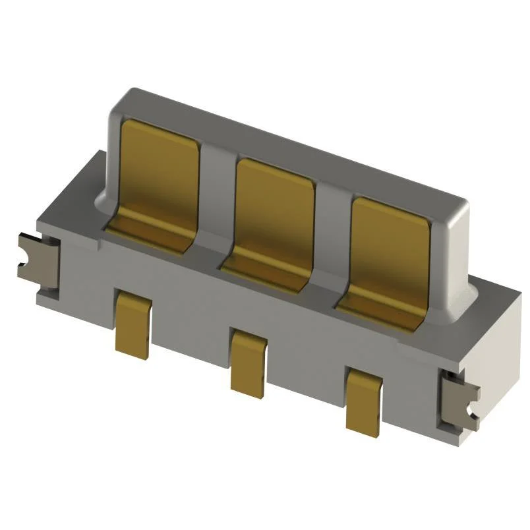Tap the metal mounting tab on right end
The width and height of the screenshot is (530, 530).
tap(460, 402)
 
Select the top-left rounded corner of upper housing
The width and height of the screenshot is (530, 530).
tap(119, 99)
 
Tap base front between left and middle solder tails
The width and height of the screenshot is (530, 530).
tap(191, 330)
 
